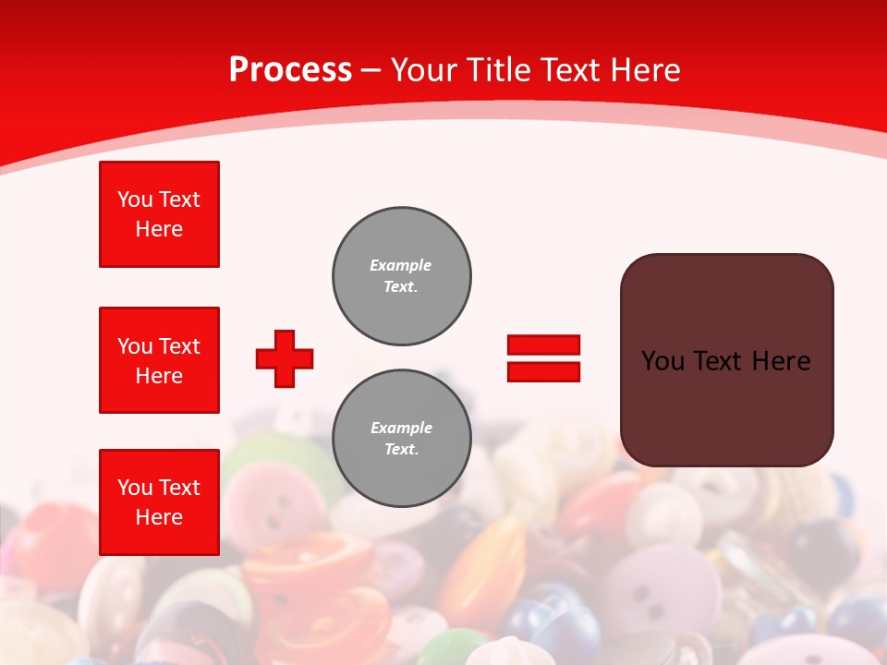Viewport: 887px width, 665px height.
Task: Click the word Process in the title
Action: click(x=290, y=70)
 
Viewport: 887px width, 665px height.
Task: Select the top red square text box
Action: click(x=159, y=214)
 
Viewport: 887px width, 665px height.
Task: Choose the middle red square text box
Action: click(x=159, y=360)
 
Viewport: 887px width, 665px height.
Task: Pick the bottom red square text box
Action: click(x=159, y=502)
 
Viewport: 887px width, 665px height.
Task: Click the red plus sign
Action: click(x=285, y=358)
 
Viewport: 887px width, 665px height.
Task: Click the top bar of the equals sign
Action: click(x=543, y=345)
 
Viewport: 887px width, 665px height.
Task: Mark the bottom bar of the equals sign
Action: click(x=543, y=371)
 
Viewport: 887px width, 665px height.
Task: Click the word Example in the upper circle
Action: click(x=401, y=265)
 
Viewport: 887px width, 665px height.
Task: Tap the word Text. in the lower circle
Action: click(x=401, y=450)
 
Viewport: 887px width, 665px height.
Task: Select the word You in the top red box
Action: click(x=134, y=199)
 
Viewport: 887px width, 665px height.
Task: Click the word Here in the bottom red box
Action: click(x=159, y=517)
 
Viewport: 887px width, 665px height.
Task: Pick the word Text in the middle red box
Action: click(x=178, y=346)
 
